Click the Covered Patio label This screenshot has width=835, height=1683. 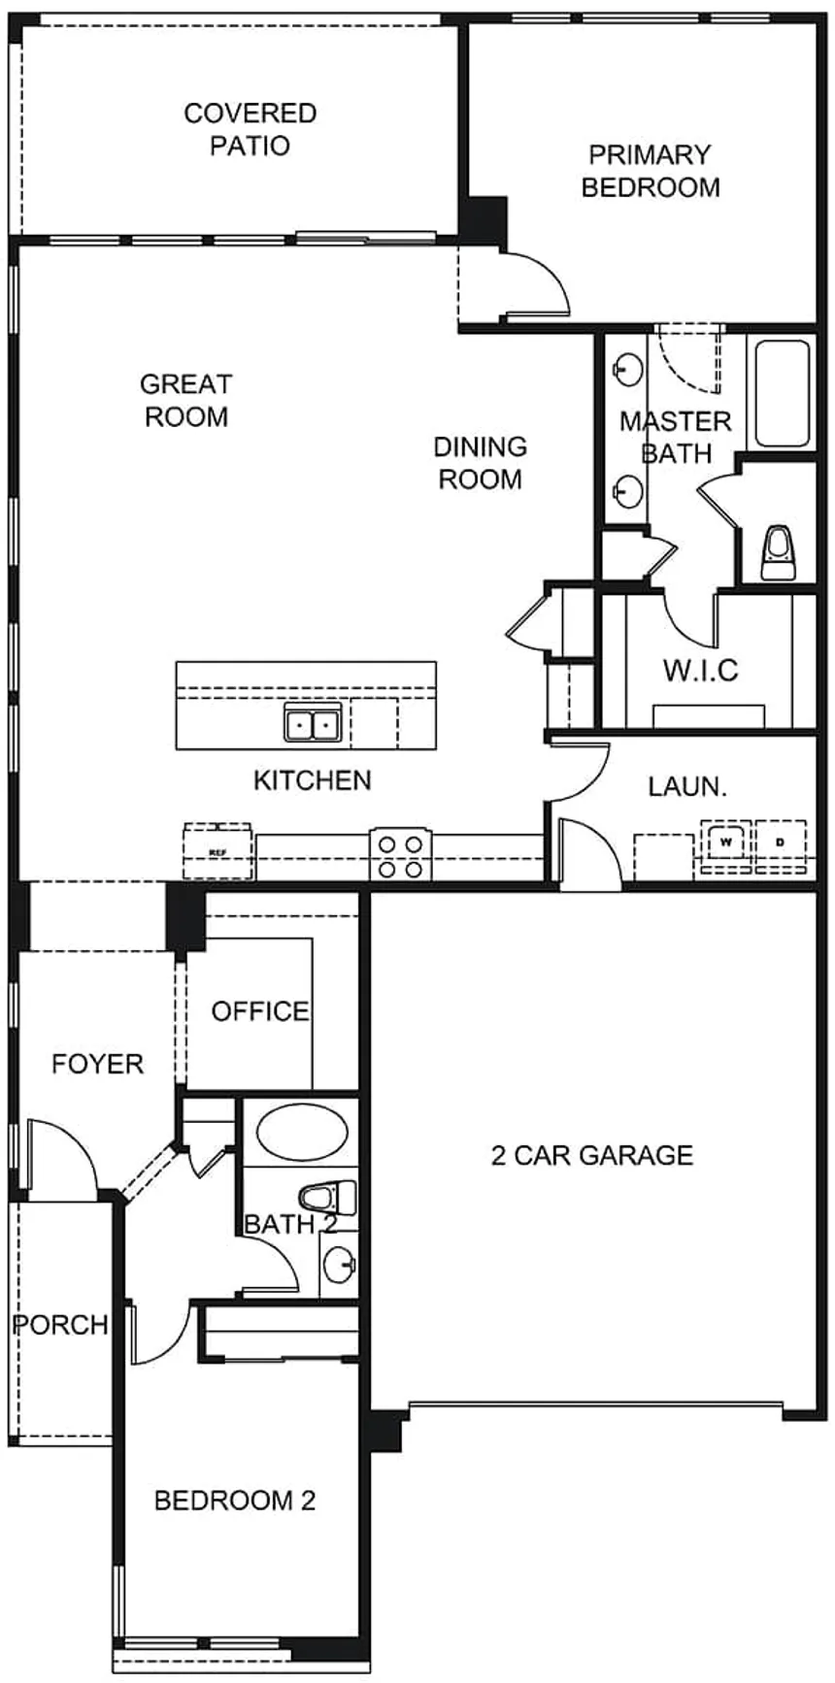250,129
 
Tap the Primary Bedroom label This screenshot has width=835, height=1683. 651,171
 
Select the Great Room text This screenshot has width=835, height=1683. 185,400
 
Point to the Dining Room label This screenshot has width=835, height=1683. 481,462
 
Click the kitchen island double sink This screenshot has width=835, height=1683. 312,723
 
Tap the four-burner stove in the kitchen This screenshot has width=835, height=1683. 400,855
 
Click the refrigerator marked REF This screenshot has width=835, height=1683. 218,851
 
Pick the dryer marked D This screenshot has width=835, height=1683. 781,841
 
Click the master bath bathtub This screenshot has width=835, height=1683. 783,393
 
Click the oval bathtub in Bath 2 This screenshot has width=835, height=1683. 304,1132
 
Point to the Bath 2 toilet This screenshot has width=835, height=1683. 327,1197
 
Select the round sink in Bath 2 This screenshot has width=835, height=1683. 339,1265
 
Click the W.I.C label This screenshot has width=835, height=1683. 701,670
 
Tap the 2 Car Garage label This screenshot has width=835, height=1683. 592,1155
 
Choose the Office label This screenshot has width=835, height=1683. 260,1011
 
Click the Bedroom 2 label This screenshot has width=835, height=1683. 235,1501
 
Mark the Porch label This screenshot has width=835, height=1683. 60,1324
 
